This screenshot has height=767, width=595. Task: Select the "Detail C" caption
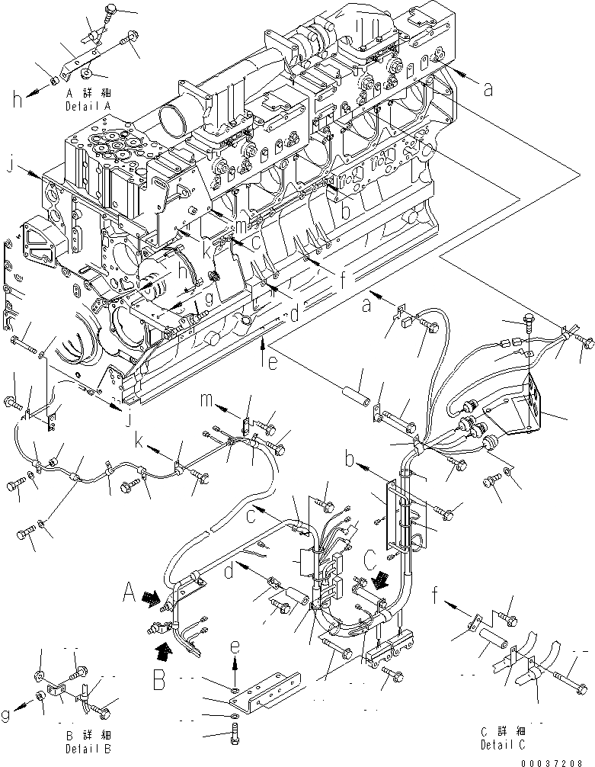[x=503, y=744]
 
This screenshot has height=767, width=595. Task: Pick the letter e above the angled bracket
[x=235, y=647]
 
